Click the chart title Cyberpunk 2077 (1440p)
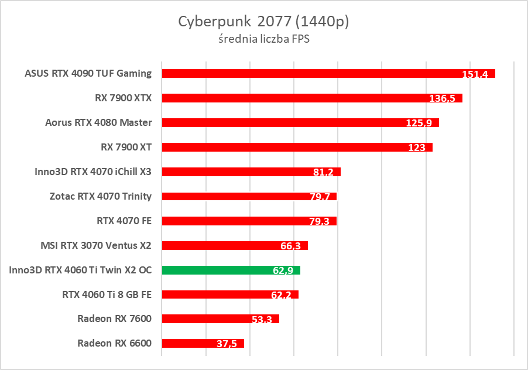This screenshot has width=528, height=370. click(263, 22)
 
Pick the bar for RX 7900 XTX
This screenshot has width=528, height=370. click(293, 98)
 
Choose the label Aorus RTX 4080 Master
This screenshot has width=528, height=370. click(98, 122)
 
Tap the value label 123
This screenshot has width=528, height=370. click(417, 148)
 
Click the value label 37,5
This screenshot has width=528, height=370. click(227, 344)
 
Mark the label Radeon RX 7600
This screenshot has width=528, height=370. click(114, 319)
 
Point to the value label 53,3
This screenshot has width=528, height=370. click(262, 320)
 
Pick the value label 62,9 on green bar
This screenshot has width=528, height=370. click(283, 270)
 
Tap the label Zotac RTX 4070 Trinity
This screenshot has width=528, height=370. click(101, 196)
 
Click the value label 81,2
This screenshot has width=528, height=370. click(324, 173)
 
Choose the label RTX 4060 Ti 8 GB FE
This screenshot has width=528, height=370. click(107, 294)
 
